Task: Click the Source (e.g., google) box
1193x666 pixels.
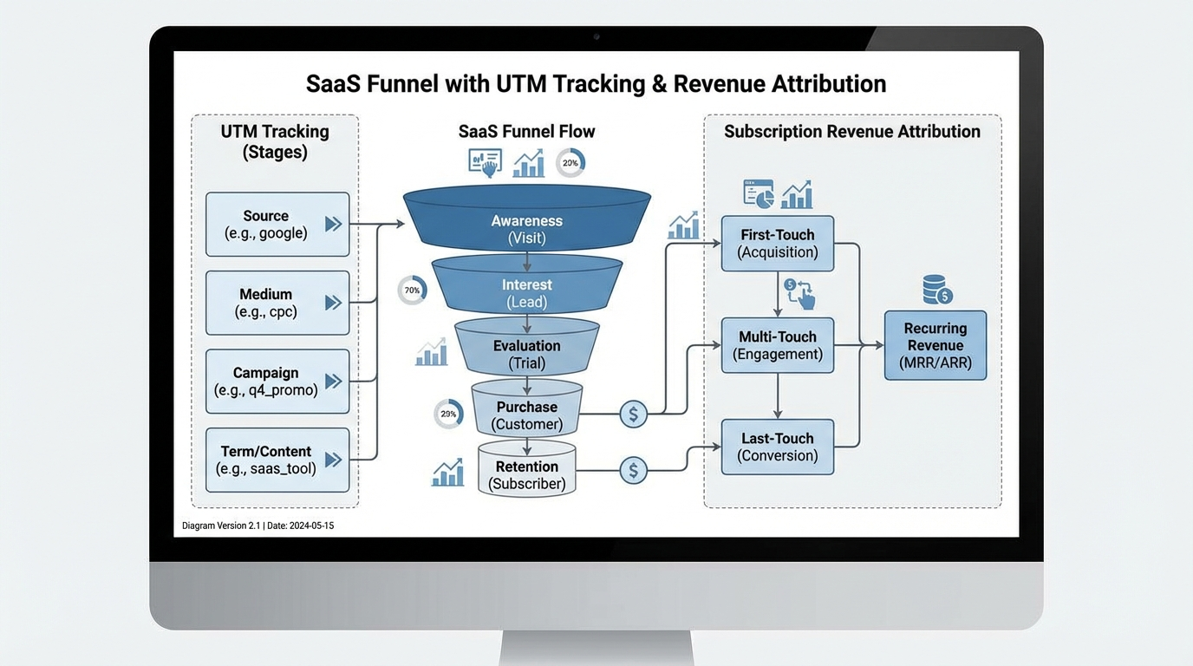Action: click(x=277, y=225)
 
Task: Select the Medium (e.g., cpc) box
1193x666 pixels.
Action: click(x=277, y=303)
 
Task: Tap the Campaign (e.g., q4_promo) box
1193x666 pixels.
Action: click(x=277, y=382)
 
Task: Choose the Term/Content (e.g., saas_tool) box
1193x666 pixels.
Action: click(x=277, y=460)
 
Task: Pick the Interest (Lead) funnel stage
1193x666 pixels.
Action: click(x=526, y=292)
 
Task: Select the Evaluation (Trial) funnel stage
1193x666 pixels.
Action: click(x=526, y=354)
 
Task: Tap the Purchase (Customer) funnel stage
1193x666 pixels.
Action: click(x=526, y=415)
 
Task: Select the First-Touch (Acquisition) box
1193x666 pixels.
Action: click(x=777, y=243)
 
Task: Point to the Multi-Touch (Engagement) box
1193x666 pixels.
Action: click(x=777, y=345)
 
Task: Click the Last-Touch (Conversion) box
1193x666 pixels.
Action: click(x=777, y=447)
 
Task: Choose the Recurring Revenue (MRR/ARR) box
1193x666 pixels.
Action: click(x=935, y=345)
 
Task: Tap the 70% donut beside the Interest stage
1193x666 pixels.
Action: click(x=412, y=291)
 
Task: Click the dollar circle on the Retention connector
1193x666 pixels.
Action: click(x=634, y=471)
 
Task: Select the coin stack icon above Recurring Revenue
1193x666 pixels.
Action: click(x=937, y=290)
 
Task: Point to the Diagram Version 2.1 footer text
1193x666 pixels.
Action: click(x=258, y=526)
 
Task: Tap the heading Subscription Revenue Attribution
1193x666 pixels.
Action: click(x=851, y=132)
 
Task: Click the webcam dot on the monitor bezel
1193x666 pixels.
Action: click(x=596, y=37)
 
